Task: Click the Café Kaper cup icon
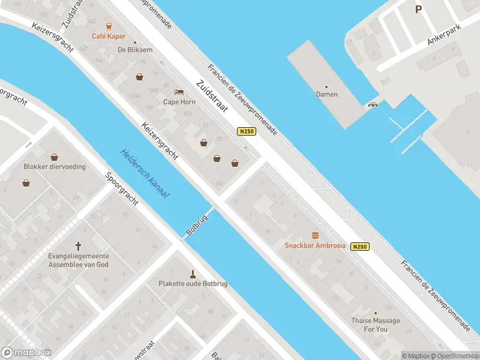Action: [x=109, y=26]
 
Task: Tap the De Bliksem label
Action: [x=134, y=50]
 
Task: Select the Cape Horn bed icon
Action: [x=179, y=92]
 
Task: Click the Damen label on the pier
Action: [x=326, y=94]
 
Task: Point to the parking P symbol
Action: [x=418, y=9]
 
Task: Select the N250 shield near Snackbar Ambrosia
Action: [x=359, y=247]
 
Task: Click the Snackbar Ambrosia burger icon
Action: [x=314, y=235]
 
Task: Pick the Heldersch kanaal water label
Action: [x=145, y=174]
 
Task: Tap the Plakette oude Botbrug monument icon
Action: [x=193, y=273]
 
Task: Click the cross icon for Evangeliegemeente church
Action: [x=77, y=245]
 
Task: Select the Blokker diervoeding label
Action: [x=55, y=167]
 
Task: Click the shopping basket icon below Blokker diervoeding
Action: [x=26, y=182]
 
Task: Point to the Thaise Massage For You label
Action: [x=376, y=325]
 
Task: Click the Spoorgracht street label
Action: [x=122, y=189]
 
